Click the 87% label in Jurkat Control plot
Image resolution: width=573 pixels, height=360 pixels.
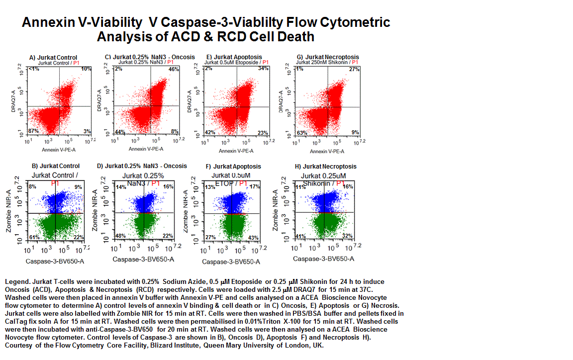[34, 131]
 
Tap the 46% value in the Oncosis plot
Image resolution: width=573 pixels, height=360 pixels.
[174, 69]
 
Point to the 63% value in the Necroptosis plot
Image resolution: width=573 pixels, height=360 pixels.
[300, 133]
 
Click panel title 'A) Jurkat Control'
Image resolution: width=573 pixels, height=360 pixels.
[53, 57]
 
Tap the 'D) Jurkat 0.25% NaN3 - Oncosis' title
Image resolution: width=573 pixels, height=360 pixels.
[142, 166]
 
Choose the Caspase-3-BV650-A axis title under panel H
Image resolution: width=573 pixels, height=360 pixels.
[323, 259]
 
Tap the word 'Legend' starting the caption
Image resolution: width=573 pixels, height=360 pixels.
[16, 282]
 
